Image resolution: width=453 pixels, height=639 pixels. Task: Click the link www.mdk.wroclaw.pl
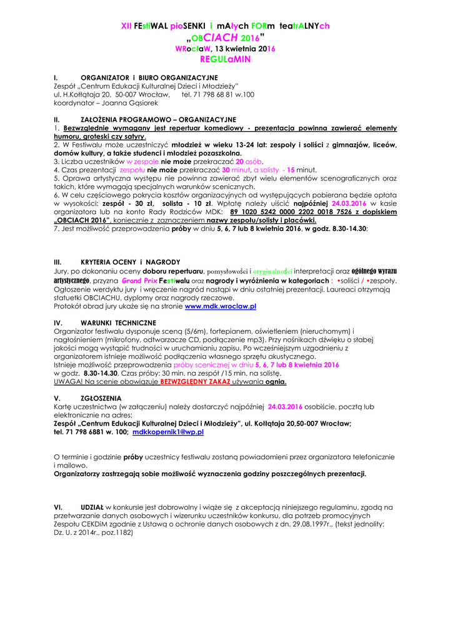[x=221, y=306]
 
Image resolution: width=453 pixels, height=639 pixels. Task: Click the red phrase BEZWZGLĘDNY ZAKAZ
[x=195, y=381]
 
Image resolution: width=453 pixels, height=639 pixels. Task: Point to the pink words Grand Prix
[x=139, y=281]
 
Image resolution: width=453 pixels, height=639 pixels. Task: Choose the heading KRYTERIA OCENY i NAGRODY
[x=121, y=262]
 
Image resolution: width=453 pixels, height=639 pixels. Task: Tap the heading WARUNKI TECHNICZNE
[x=118, y=322]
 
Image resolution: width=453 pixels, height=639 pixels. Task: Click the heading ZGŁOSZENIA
[x=101, y=398]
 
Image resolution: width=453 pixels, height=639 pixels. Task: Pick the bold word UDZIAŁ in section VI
[x=92, y=507]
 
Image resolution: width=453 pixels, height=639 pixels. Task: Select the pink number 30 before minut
[x=227, y=169]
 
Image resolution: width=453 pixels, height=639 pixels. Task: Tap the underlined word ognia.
[x=276, y=381]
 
